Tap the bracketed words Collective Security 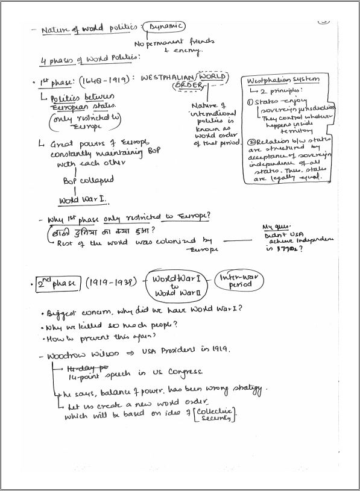click(x=215, y=414)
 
